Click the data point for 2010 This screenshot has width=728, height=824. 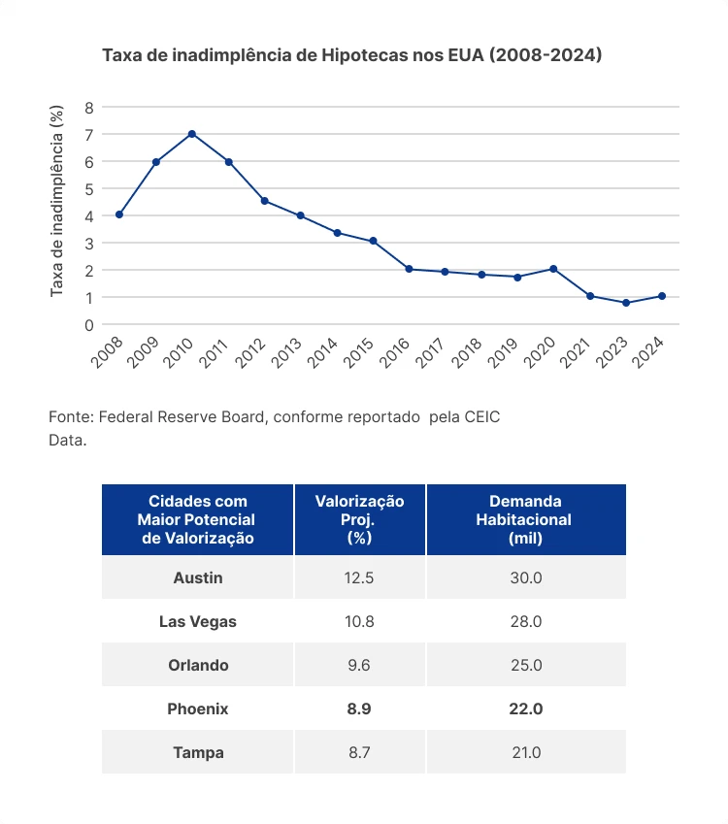(192, 134)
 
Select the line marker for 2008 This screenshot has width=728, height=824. (119, 214)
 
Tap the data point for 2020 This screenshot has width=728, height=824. (553, 269)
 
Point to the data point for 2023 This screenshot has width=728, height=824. (626, 303)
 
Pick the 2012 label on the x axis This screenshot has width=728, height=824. (252, 351)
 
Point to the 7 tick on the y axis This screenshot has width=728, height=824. (89, 134)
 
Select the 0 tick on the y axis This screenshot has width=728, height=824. (89, 324)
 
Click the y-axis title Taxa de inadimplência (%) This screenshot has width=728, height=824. (57, 202)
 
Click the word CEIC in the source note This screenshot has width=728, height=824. (482, 416)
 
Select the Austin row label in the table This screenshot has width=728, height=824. (198, 577)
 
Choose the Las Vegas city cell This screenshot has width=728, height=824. (198, 621)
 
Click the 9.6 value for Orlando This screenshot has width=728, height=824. (359, 665)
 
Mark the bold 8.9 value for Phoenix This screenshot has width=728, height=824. (359, 709)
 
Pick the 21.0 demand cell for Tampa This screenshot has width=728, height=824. (525, 752)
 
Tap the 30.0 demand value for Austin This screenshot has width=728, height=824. (525, 577)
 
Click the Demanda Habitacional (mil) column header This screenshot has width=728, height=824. (525, 519)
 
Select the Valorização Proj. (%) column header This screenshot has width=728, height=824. (359, 519)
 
